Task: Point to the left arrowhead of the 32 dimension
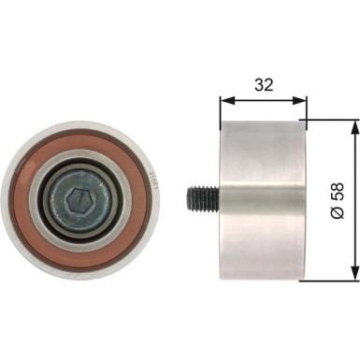tap(224, 97)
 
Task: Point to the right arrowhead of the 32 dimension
tap(301, 97)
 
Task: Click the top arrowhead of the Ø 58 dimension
tap(353, 125)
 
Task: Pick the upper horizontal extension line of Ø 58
tap(332, 120)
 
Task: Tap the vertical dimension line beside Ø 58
tap(353, 201)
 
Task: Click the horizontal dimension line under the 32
tap(263, 97)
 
